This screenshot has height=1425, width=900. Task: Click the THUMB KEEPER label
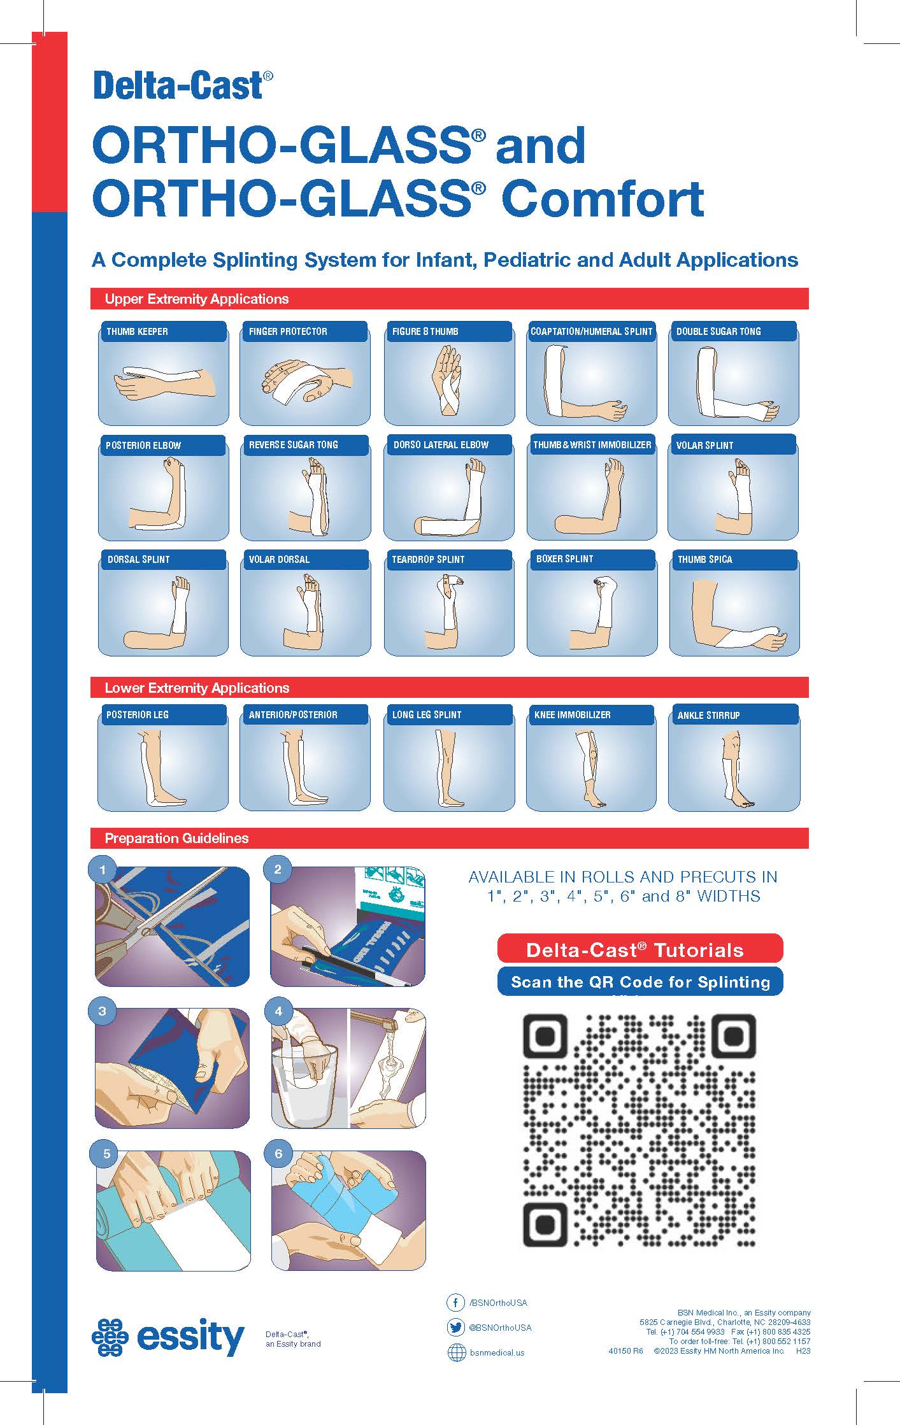coord(137,331)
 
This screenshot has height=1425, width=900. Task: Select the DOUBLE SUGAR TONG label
coord(718,331)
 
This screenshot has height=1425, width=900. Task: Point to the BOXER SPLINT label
coord(564,558)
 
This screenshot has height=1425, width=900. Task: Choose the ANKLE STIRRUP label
coord(708,715)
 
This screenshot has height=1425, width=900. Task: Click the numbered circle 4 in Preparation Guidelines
coord(278,1011)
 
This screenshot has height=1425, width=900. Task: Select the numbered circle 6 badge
coord(278,1154)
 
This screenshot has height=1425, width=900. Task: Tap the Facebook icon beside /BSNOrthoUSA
coord(455,1303)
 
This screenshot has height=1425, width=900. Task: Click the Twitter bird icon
coord(455,1328)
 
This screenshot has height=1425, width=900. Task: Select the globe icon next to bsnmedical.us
coord(457,1352)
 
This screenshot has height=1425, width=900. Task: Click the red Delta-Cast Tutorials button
coord(639,950)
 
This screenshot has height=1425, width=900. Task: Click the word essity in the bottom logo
coord(190,1338)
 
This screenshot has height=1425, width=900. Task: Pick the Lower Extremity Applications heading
coord(197,688)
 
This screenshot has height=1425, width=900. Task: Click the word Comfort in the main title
coord(603,199)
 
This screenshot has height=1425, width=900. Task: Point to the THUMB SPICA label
coord(704,559)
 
